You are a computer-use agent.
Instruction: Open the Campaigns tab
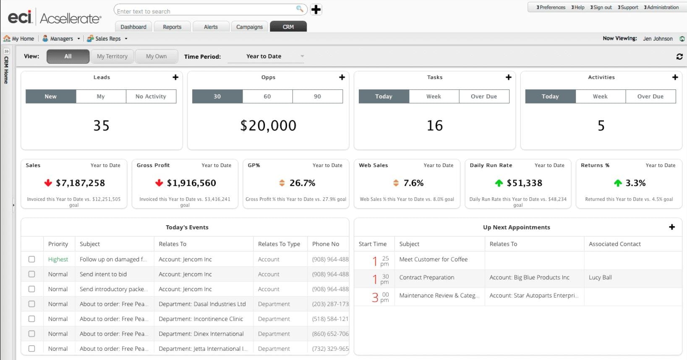(x=249, y=27)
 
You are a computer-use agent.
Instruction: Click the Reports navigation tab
(x=172, y=27)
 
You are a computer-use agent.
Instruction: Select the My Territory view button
(x=112, y=56)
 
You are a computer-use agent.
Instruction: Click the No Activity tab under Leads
(x=151, y=97)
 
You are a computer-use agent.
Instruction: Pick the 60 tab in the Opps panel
(x=267, y=97)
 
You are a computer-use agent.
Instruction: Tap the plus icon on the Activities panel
(x=675, y=77)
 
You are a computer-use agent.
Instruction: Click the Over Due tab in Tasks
(x=484, y=97)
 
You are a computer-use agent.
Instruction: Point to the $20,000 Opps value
(x=268, y=125)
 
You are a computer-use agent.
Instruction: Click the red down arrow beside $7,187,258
(x=48, y=183)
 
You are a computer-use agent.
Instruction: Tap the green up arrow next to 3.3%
(x=618, y=183)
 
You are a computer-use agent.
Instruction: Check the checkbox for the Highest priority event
(x=31, y=259)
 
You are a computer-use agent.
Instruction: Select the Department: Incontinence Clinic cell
(x=201, y=319)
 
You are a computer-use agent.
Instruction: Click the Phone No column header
(x=326, y=244)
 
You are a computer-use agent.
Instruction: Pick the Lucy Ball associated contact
(x=600, y=277)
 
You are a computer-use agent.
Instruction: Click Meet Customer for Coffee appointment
(x=433, y=259)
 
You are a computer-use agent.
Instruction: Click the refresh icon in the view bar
(x=679, y=57)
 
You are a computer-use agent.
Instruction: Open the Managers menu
(x=61, y=39)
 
